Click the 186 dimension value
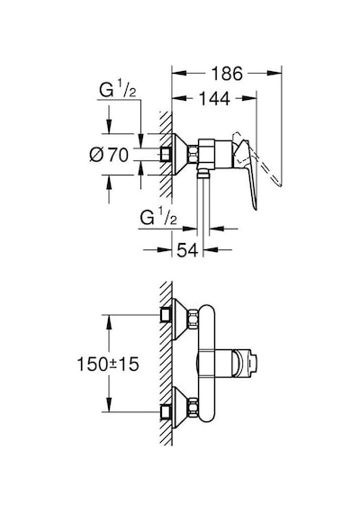pos(227,74)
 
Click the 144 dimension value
pos(214,99)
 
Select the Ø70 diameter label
pos(109,155)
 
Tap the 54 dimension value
pos(187,250)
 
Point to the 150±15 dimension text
pos(108,364)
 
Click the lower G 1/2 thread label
pos(158,217)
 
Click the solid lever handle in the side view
pos(249,174)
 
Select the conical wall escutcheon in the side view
pos(180,154)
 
